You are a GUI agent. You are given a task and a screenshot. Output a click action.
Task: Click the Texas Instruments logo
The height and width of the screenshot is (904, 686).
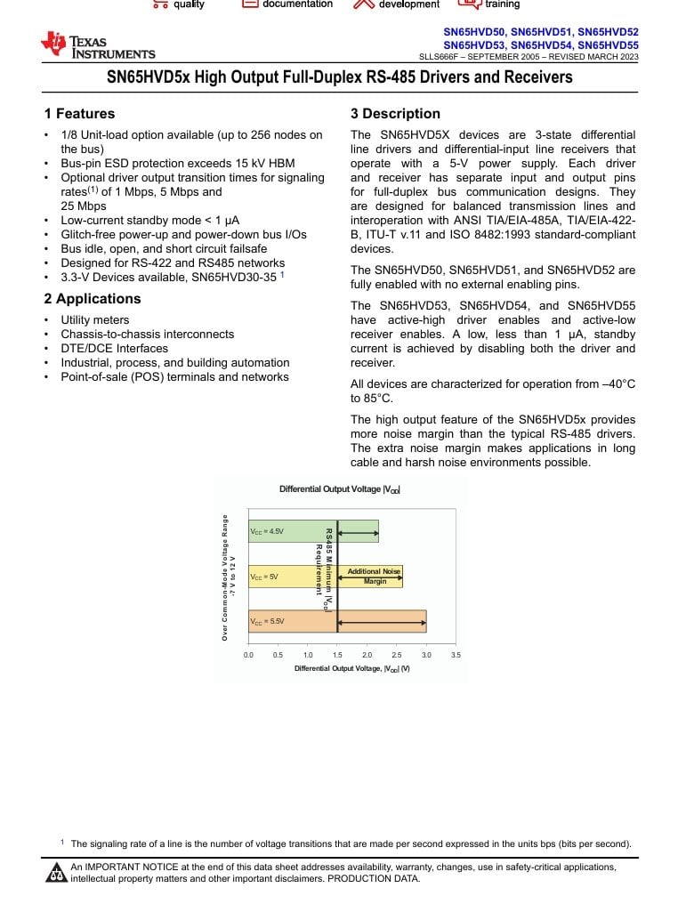(x=97, y=45)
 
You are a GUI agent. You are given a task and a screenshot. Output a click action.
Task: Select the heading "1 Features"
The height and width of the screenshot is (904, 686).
(x=79, y=114)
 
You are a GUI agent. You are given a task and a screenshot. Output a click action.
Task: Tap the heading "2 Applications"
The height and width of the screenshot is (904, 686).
(x=93, y=298)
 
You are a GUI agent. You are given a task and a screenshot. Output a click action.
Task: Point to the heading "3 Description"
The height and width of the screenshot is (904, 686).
(x=395, y=114)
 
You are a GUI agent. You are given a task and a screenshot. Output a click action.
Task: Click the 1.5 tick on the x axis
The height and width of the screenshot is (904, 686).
(x=337, y=655)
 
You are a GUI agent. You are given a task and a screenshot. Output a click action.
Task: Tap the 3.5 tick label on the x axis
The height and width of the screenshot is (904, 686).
(x=456, y=655)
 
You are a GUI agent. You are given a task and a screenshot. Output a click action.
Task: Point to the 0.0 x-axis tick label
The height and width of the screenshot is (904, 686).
(x=248, y=655)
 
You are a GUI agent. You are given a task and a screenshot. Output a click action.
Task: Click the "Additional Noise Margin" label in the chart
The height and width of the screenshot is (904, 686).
(x=375, y=576)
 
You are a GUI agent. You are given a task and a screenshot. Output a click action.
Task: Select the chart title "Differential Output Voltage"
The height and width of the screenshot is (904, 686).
(x=339, y=489)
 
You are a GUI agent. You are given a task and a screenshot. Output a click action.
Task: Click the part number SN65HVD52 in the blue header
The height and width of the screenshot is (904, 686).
(x=608, y=31)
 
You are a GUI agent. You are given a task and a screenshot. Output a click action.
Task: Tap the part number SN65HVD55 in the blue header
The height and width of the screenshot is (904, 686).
(x=608, y=44)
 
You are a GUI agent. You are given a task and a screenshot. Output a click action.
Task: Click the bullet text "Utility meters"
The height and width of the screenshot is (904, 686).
(x=94, y=320)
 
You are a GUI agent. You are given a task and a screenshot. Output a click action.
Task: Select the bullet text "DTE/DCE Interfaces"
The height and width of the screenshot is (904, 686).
(x=114, y=349)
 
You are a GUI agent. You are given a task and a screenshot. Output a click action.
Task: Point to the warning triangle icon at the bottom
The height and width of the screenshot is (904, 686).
(x=56, y=873)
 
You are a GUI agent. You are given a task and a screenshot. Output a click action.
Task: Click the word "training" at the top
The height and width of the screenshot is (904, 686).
(x=502, y=4)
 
